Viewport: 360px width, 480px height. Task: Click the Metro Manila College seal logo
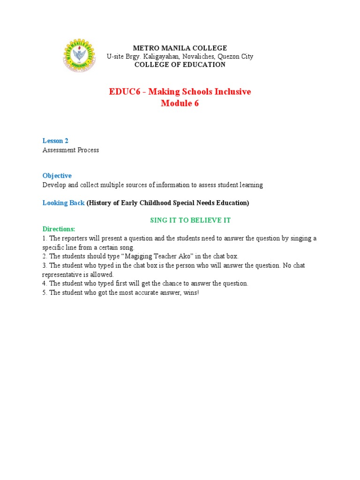pos(79,56)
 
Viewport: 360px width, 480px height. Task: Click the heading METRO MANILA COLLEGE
pos(180,48)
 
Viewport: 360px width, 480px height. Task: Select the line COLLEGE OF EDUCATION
pos(180,65)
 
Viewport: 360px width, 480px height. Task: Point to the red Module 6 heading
pos(180,104)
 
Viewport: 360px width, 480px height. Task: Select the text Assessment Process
pos(71,150)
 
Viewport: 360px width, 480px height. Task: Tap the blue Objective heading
pos(57,176)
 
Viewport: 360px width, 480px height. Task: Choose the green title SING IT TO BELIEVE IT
pos(190,220)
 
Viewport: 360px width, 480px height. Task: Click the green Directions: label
pos(59,229)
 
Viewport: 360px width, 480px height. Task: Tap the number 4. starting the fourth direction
pos(45,284)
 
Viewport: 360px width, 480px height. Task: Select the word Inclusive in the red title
pos(232,92)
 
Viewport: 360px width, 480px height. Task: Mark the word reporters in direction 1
pos(77,239)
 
